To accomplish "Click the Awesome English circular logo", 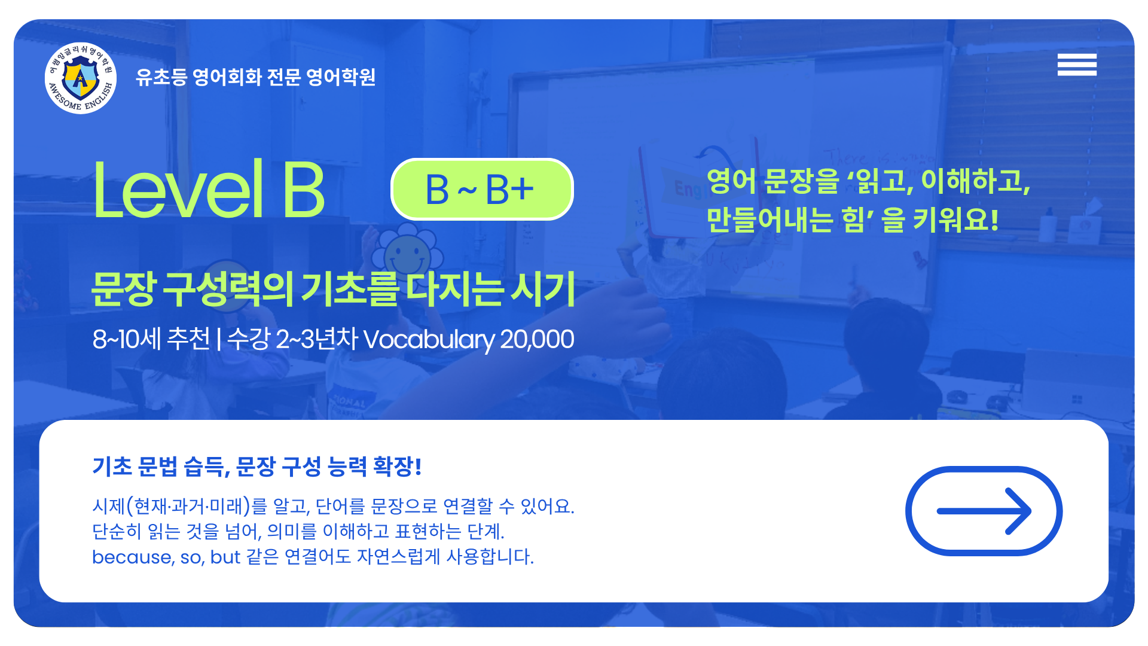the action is pyautogui.click(x=81, y=78).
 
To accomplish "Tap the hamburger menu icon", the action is pyautogui.click(x=1077, y=65).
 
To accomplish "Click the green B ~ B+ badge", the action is pyautogui.click(x=482, y=190).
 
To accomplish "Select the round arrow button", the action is pyautogui.click(x=984, y=511).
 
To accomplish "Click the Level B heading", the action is pyautogui.click(x=209, y=190).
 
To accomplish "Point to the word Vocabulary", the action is pyautogui.click(x=429, y=339).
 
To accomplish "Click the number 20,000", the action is pyautogui.click(x=537, y=340).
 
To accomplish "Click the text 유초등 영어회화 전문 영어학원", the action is pyautogui.click(x=255, y=77).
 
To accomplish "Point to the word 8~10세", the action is pyautogui.click(x=127, y=339).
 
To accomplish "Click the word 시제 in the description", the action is pyautogui.click(x=108, y=506).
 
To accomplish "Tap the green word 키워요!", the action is pyautogui.click(x=955, y=220).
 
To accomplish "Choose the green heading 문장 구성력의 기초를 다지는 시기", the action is pyautogui.click(x=333, y=290).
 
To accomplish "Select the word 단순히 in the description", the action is pyautogui.click(x=117, y=531).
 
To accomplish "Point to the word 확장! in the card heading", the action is pyautogui.click(x=397, y=466).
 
